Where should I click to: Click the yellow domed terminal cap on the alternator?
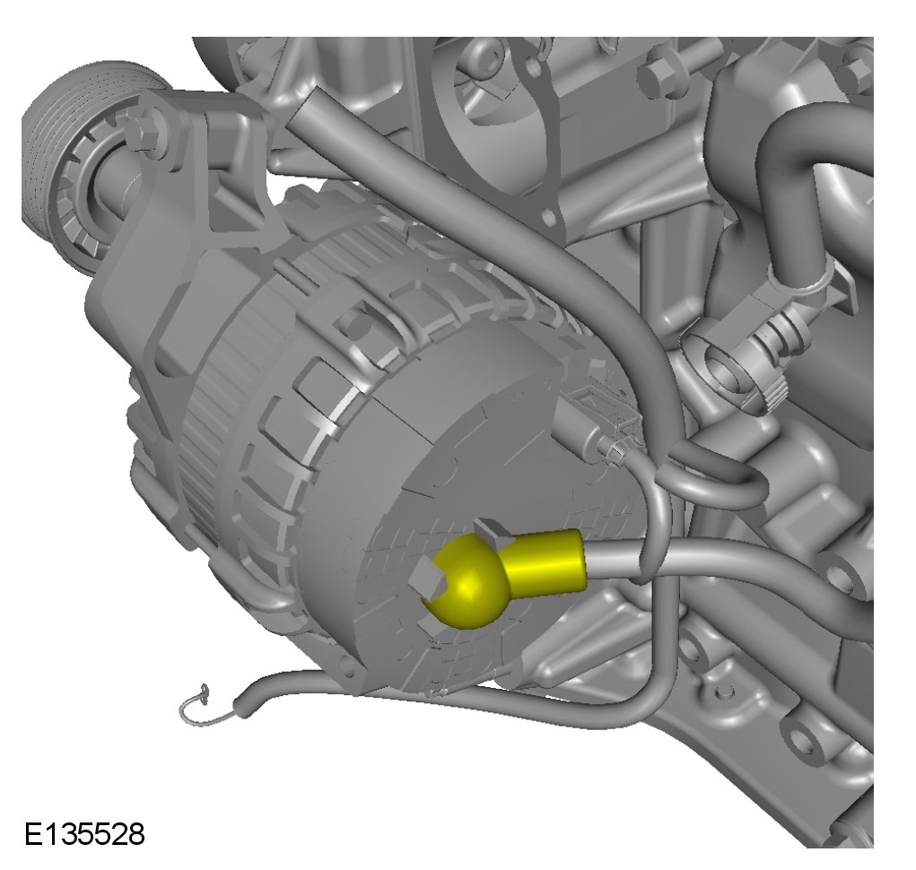pos(467,584)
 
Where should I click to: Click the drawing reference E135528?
pos(84,834)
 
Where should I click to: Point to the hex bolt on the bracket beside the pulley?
pos(144,135)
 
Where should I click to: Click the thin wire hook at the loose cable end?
pos(196,707)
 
